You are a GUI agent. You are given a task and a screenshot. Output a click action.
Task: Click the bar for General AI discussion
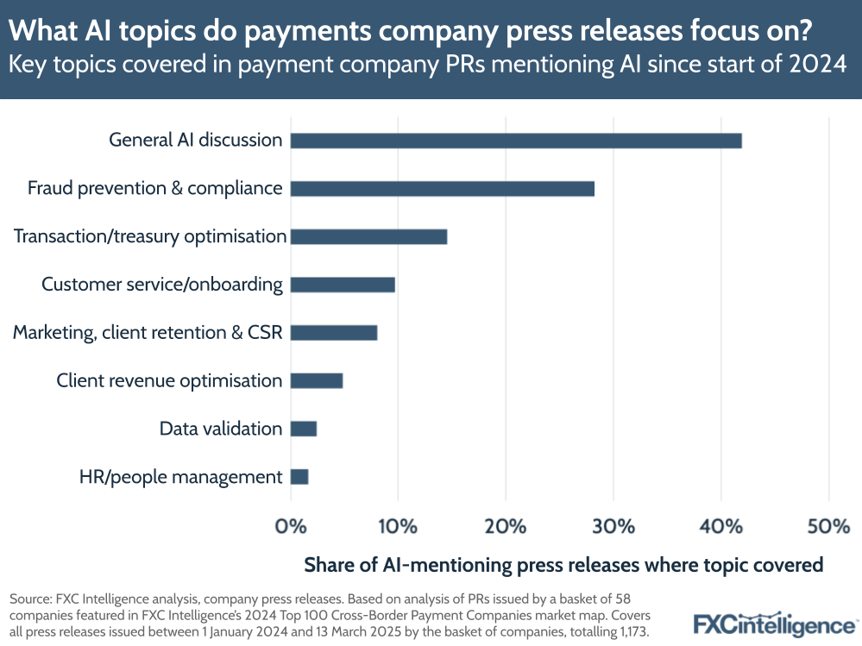(x=516, y=141)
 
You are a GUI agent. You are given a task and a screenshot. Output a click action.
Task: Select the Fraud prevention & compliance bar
(x=442, y=188)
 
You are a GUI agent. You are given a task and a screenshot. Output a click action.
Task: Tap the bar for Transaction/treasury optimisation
(x=368, y=236)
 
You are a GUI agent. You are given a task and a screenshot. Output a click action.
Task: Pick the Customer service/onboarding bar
(x=343, y=285)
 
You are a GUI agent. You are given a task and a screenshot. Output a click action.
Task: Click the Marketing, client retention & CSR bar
(x=334, y=332)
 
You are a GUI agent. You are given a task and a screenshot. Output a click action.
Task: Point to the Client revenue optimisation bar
(x=317, y=380)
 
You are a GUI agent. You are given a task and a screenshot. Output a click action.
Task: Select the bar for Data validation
(x=304, y=429)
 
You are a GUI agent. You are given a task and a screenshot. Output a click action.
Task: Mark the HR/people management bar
(x=299, y=476)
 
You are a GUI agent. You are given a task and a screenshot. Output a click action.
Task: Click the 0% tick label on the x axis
(x=291, y=525)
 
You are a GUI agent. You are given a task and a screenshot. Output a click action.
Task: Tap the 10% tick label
(x=398, y=525)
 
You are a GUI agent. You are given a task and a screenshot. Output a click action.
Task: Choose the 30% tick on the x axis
(x=613, y=525)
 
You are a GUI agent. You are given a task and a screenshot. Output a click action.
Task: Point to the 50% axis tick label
(x=828, y=525)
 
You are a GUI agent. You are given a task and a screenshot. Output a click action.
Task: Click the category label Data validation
(x=221, y=429)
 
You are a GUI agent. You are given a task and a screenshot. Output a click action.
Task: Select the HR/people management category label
(x=180, y=477)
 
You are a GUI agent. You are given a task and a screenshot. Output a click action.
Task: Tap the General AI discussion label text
(x=195, y=140)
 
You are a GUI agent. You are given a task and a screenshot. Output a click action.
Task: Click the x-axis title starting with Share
(x=563, y=565)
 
